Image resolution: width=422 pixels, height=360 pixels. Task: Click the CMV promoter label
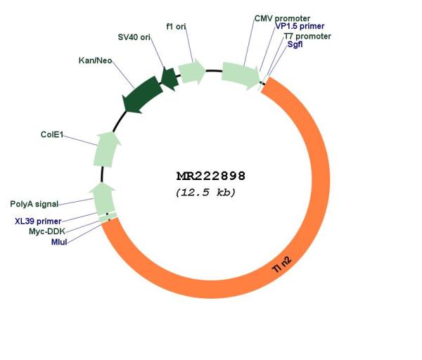[282, 18]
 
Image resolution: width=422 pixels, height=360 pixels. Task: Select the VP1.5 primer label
[300, 26]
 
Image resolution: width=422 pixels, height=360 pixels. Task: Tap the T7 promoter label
[307, 36]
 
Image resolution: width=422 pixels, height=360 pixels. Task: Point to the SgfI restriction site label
[295, 44]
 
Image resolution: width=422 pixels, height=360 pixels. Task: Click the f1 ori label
[176, 27]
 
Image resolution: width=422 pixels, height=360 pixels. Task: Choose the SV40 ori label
[134, 37]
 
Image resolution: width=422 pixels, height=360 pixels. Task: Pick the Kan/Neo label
[95, 60]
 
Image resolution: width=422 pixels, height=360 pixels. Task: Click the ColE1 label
[51, 134]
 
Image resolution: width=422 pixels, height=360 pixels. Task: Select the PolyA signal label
[34, 204]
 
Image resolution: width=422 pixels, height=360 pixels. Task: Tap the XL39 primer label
[38, 221]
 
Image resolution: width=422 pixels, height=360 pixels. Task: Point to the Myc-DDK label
[47, 231]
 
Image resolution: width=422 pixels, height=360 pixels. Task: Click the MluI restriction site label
[59, 242]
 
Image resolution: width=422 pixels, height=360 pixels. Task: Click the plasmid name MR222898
[211, 176]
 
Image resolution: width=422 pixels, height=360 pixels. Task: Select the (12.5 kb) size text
[205, 193]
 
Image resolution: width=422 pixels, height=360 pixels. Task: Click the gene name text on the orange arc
[282, 264]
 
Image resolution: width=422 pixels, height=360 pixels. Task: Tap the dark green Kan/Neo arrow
[143, 95]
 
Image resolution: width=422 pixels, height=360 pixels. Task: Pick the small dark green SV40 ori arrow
[170, 78]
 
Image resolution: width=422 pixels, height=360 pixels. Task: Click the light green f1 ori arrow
[191, 71]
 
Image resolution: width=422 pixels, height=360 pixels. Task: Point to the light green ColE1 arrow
[106, 149]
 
